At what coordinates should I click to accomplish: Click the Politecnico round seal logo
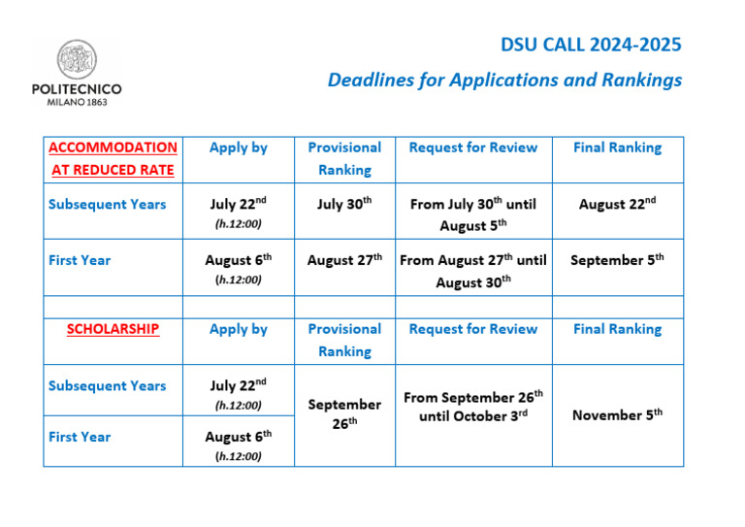coord(77,59)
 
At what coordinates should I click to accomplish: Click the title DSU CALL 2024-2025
coord(591,45)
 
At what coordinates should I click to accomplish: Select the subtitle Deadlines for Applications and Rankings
coord(504,80)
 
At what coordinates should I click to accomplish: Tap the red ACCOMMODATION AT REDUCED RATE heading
coord(113,159)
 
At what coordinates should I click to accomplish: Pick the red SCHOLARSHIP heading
coord(113,329)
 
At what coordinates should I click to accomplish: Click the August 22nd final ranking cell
coord(617,204)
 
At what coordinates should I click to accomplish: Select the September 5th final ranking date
coord(617,259)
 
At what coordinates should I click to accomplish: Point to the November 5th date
coord(617,414)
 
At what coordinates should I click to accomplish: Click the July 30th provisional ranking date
coord(344,204)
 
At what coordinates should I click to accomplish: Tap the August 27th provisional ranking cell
coord(344,259)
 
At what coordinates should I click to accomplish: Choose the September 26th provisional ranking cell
coord(344,413)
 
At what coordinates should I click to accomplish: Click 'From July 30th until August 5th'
coord(473,214)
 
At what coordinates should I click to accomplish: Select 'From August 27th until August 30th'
coord(473,271)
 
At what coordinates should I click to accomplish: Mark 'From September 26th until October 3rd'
coord(473,407)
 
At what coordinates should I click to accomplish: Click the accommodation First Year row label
coord(80,260)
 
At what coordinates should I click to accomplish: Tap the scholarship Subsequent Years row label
coord(108,385)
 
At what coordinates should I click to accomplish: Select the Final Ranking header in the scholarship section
coord(617,329)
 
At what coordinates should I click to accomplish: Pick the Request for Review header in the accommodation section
coord(473,148)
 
